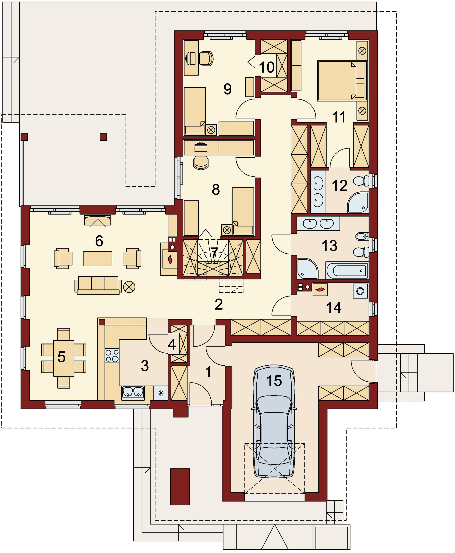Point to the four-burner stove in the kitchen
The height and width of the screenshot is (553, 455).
click(x=112, y=356)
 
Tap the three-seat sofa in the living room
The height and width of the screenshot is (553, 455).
click(x=98, y=285)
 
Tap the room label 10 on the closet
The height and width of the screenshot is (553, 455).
click(x=267, y=67)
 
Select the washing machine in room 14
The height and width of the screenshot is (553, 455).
click(x=360, y=291)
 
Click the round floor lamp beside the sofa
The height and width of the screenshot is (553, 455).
click(x=129, y=287)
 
